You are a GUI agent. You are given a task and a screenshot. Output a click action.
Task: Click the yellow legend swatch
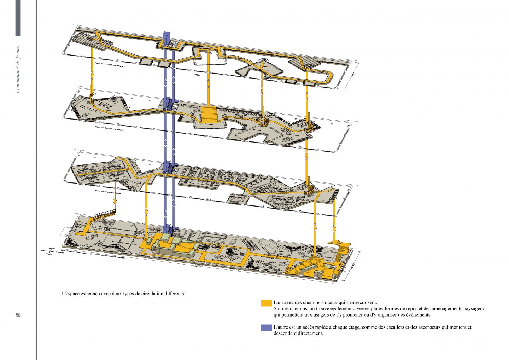pyautogui.click(x=266, y=303)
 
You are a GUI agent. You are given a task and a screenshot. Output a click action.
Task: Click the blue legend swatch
pyautogui.click(x=266, y=328)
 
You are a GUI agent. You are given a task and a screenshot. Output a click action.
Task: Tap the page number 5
pyautogui.click(x=18, y=315)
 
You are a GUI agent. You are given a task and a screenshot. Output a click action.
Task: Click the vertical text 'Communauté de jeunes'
pyautogui.click(x=18, y=69)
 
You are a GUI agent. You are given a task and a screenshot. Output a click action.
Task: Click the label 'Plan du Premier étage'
pyautogui.click(x=107, y=192)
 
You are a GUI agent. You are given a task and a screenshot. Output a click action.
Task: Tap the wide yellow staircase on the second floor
pyautogui.click(x=210, y=114)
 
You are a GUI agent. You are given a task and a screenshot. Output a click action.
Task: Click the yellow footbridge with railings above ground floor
pyautogui.click(x=105, y=214)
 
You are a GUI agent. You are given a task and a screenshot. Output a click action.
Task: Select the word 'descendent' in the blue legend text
pyautogui.click(x=285, y=333)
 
